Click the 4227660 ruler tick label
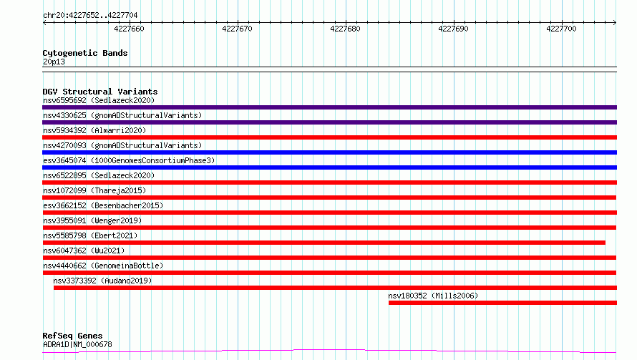click(x=129, y=29)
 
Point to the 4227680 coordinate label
click(x=345, y=29)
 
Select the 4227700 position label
click(x=561, y=29)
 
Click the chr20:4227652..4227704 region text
click(x=90, y=16)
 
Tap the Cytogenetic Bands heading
click(x=85, y=53)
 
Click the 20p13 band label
click(x=54, y=62)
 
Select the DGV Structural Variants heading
click(x=100, y=92)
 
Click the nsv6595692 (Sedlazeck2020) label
click(x=99, y=100)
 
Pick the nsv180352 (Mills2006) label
click(x=433, y=296)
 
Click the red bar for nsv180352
click(x=502, y=303)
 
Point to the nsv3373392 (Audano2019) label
click(x=102, y=281)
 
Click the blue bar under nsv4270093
click(x=329, y=152)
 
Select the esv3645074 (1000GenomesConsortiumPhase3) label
click(x=129, y=160)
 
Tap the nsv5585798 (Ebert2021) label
click(x=90, y=235)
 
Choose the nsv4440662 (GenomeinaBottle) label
click(x=103, y=266)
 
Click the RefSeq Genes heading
click(x=73, y=336)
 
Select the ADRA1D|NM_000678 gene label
click(x=77, y=344)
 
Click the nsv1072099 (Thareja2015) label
click(x=94, y=190)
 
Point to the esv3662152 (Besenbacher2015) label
click(x=103, y=205)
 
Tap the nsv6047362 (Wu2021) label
click(x=84, y=250)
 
